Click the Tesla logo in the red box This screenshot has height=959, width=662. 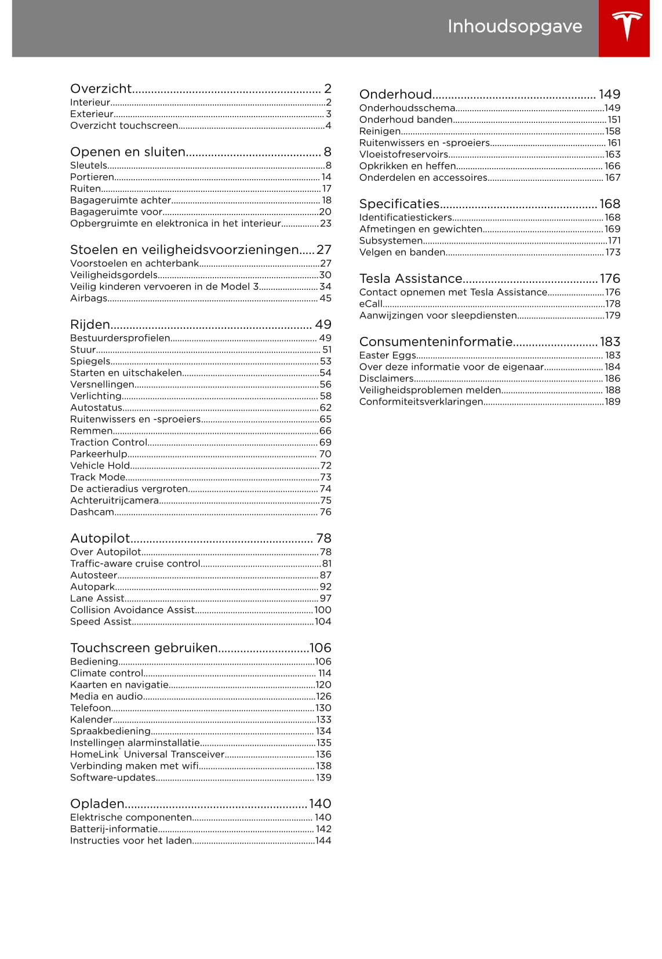click(x=627, y=26)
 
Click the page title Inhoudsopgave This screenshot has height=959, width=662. click(x=514, y=27)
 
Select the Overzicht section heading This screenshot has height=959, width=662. click(x=101, y=89)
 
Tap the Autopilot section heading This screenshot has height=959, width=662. click(x=100, y=539)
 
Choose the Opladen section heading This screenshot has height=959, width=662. click(x=97, y=804)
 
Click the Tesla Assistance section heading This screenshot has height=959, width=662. click(x=410, y=279)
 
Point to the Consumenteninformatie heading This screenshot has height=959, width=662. click(x=436, y=342)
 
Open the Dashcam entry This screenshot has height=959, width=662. click(x=92, y=512)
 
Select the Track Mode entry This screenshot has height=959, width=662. click(x=97, y=477)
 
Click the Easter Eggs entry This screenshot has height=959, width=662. click(x=387, y=355)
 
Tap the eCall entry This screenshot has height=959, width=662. click(x=370, y=304)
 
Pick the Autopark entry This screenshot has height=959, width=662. click(x=92, y=587)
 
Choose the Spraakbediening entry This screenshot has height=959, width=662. click(x=110, y=731)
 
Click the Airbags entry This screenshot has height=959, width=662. click(x=88, y=298)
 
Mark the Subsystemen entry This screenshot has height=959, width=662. click(x=391, y=241)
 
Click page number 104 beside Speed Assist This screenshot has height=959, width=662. click(x=323, y=622)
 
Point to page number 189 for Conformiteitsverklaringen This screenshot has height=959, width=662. click(x=612, y=402)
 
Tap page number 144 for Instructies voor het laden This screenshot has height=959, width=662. click(x=323, y=841)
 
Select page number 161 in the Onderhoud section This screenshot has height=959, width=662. click(x=614, y=143)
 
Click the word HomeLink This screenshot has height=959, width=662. click(x=94, y=754)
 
